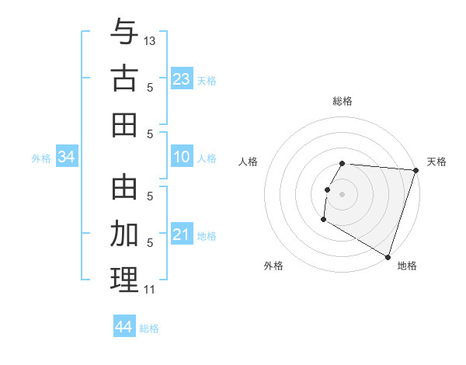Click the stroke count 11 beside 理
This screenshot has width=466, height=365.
(x=149, y=290)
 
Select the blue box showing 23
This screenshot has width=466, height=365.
(x=181, y=79)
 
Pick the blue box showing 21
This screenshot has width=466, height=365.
(x=181, y=235)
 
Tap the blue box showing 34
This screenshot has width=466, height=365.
(x=67, y=158)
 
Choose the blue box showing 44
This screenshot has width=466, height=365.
(x=124, y=327)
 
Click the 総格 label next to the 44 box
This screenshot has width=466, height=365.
(x=149, y=328)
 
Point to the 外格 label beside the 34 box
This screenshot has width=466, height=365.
(x=41, y=158)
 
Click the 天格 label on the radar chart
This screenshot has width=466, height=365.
(x=436, y=162)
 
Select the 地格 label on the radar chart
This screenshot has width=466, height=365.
(x=407, y=266)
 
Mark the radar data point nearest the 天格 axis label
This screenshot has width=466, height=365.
(x=415, y=170)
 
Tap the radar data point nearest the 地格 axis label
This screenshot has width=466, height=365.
(x=387, y=255)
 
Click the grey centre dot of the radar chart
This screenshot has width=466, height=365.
(x=342, y=193)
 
